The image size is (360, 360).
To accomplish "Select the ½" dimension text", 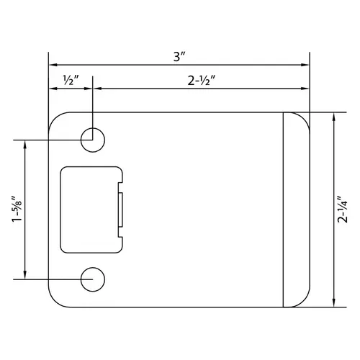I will click(70, 79).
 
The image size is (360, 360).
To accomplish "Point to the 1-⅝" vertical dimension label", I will click(17, 210).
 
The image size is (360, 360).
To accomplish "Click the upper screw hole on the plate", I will click(92, 140).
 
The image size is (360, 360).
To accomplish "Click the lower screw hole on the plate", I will click(92, 279).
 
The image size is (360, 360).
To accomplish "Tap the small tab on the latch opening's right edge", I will click(121, 210).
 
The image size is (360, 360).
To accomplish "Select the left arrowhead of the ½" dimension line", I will click(52, 89).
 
